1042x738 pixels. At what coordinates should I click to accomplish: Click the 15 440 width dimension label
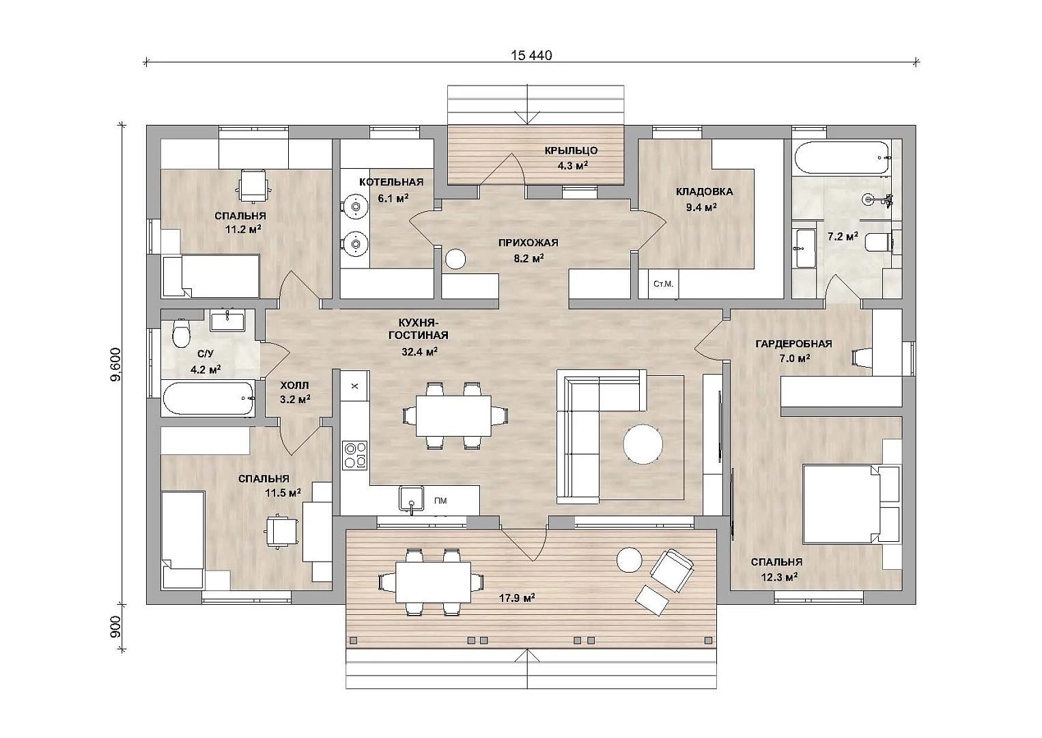coord(531,55)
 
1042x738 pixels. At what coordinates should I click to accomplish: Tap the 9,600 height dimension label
coord(115,365)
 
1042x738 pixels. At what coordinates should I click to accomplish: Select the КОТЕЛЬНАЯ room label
coord(391,182)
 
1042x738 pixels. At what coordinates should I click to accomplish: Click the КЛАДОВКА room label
coord(704,191)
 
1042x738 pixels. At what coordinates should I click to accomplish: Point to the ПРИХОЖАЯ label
coord(528,243)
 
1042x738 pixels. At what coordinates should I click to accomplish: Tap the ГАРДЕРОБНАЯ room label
coord(793,344)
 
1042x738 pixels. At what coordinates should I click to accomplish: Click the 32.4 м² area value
coord(419,351)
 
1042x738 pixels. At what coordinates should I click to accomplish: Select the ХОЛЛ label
coord(294,385)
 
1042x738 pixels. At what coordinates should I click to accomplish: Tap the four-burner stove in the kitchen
coord(355,455)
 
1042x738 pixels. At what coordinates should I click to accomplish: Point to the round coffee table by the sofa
coord(643,443)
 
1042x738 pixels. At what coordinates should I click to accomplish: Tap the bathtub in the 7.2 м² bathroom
coord(842,158)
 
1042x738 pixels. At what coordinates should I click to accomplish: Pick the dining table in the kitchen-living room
coord(453,415)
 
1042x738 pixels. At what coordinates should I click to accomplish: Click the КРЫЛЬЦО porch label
coord(572,150)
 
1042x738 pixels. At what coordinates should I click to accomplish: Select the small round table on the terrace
coord(630,559)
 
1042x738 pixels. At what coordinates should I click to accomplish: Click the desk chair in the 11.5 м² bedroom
coord(281,531)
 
